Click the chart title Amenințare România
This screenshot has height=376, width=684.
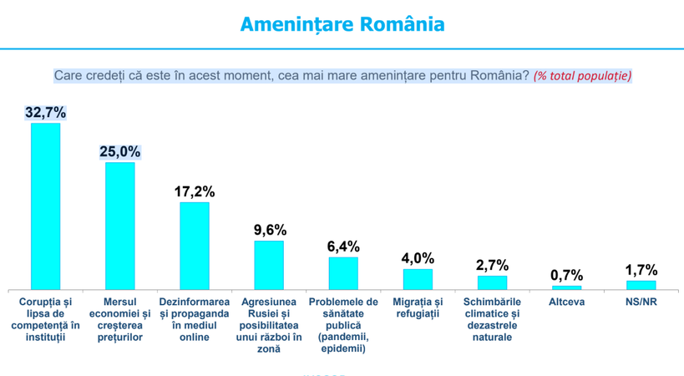[x=342, y=24]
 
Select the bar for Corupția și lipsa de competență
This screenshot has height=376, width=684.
[x=45, y=206]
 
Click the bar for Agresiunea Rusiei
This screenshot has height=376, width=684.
[x=269, y=265]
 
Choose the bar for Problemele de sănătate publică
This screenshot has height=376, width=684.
[x=343, y=273]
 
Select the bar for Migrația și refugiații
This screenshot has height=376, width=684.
[x=418, y=279]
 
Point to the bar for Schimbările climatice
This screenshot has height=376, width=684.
[x=492, y=282]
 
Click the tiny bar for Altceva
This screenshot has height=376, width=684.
[x=567, y=287]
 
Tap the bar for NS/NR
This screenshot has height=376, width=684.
[x=641, y=285]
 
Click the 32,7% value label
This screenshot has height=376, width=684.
[x=45, y=113]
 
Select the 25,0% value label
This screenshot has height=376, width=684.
[x=119, y=152]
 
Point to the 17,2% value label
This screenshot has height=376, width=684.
[x=195, y=191]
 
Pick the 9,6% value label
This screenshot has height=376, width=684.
[x=269, y=230]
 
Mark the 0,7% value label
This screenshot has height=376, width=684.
[x=567, y=275]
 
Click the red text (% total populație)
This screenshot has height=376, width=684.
[x=582, y=76]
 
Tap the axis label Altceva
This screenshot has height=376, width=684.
[x=567, y=302]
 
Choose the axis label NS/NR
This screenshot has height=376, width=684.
[x=641, y=302]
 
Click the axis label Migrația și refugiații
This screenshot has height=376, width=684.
[x=418, y=307]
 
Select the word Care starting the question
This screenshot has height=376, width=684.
[x=68, y=76]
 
